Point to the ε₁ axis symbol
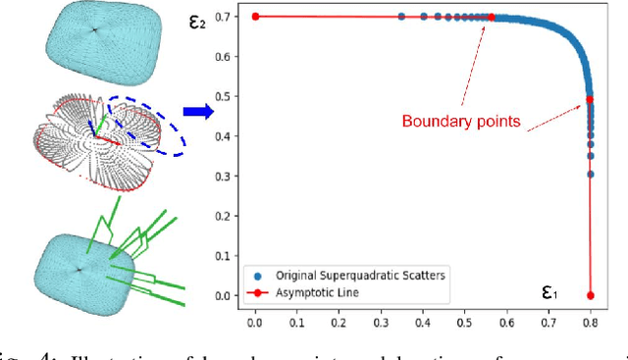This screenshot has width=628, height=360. (x=553, y=291)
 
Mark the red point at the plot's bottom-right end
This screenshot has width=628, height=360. (x=590, y=295)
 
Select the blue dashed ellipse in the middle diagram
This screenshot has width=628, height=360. (x=148, y=127)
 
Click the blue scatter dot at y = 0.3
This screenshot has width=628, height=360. (x=590, y=175)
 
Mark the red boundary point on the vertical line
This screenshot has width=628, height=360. (x=590, y=100)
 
